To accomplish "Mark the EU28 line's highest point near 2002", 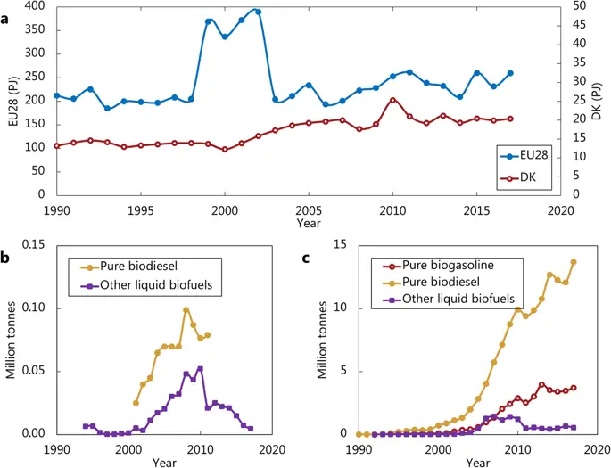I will pos(258,12).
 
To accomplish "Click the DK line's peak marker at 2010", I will pos(392,100).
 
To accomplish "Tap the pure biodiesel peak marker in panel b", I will pos(186,310).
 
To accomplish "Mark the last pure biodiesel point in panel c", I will pos(573,262).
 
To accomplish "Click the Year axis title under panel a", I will pos(308,223).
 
